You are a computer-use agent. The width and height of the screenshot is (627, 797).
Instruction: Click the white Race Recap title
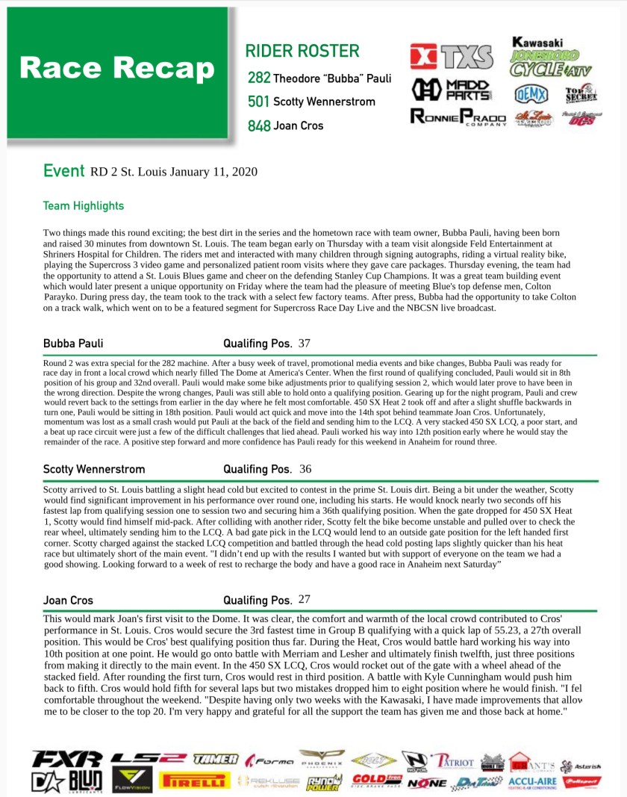[117, 68]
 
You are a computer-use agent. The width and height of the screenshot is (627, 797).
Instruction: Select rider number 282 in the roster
[258, 78]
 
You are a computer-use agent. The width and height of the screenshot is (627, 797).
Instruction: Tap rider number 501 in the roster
[258, 102]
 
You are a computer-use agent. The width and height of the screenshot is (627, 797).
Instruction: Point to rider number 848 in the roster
[258, 125]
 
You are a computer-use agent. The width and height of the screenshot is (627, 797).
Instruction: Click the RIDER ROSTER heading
[302, 52]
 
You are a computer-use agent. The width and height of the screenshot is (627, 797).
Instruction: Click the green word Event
[63, 171]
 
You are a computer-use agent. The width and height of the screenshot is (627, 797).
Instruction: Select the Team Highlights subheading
[84, 205]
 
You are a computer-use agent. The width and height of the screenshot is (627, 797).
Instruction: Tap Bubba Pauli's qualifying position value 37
[304, 343]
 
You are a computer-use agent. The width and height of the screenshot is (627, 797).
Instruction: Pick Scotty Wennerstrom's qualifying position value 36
[305, 469]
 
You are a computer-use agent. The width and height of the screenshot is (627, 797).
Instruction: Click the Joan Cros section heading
[69, 600]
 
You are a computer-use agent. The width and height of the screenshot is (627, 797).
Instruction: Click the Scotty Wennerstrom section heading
[94, 470]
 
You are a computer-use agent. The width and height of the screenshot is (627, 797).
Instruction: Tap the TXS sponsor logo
[451, 57]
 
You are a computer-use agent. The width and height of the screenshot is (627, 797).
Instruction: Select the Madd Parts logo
[452, 89]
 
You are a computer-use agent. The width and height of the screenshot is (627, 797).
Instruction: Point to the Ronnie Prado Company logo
[458, 118]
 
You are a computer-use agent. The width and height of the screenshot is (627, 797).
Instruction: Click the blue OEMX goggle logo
[531, 94]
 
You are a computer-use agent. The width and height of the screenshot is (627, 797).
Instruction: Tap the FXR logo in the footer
[66, 759]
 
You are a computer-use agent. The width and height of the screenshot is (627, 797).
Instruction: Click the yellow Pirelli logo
[193, 781]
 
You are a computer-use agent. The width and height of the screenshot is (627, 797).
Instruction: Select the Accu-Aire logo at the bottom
[535, 781]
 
